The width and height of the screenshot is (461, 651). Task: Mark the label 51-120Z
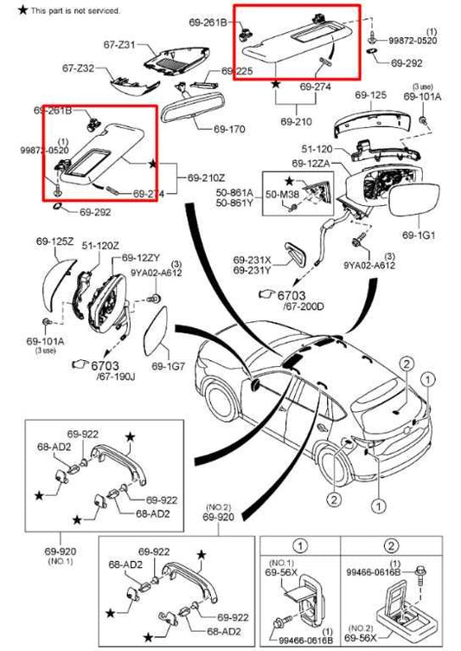pyautogui.click(x=99, y=247)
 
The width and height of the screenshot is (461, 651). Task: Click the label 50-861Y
pyautogui.click(x=235, y=204)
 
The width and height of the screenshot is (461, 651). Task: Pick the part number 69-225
pyautogui.click(x=237, y=71)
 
